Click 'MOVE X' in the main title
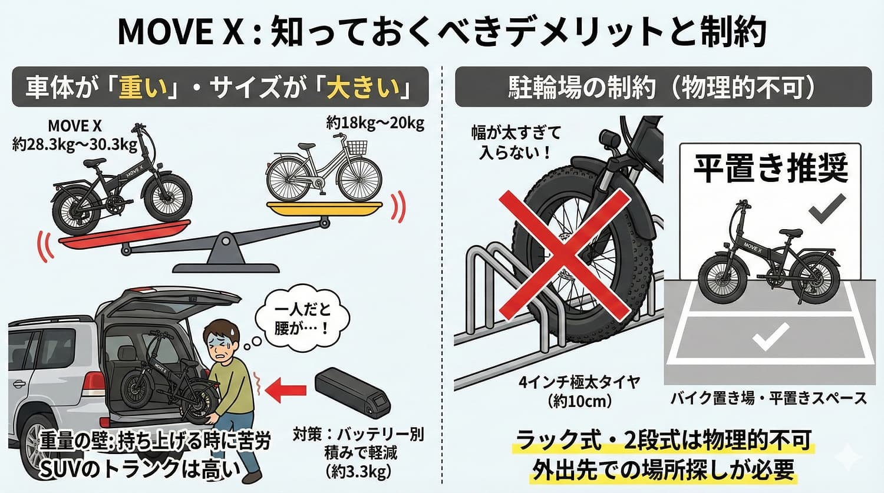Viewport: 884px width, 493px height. [180, 32]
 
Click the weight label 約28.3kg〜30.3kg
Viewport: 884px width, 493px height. [75, 144]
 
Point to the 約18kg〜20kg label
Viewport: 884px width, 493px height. [375, 124]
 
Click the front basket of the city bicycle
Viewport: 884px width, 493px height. [357, 147]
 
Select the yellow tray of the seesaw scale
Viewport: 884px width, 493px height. [324, 207]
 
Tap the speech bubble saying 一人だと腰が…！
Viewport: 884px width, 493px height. [302, 319]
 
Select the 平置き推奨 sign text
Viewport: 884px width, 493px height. [770, 168]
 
